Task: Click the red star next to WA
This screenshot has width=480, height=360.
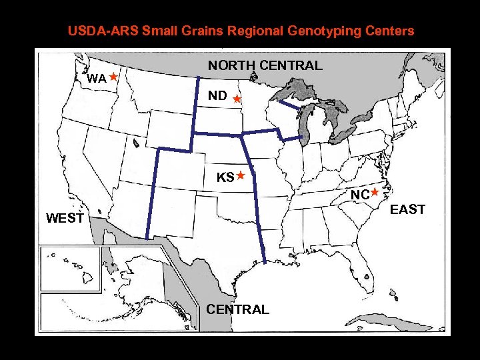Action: pos(114,77)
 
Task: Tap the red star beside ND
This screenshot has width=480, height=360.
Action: pos(237,99)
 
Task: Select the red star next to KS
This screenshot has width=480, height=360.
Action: pos(241,176)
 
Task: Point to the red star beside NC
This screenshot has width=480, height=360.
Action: pos(375,192)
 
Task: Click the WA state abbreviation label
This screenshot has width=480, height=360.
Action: pos(97,79)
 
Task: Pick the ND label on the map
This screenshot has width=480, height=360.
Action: pos(217,96)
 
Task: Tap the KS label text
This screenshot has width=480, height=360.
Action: pos(225,178)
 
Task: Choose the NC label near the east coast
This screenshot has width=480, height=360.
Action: pos(360,195)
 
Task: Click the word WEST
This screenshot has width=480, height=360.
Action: pos(65,218)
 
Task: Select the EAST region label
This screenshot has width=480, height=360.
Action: pos(407,209)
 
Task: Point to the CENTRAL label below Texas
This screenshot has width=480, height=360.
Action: pos(237,309)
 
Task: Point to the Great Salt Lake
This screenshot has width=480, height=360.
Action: pos(136,143)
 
